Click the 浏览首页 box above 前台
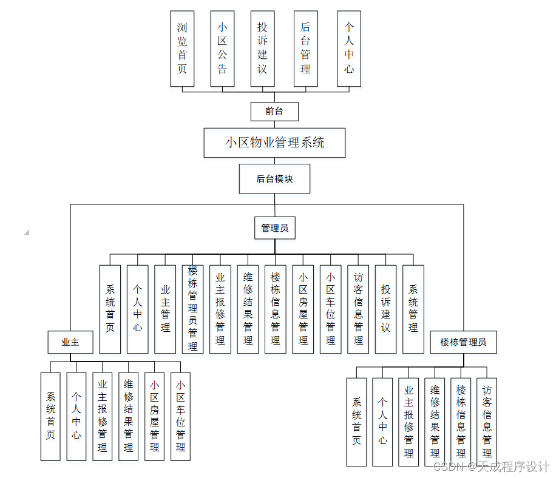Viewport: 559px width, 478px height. tap(182, 49)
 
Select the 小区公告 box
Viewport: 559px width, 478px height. tap(222, 49)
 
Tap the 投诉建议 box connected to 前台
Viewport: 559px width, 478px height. tap(262, 49)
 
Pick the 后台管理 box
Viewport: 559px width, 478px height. tap(305, 49)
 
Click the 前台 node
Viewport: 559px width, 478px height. tap(274, 111)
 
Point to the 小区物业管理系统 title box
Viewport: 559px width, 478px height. tap(274, 143)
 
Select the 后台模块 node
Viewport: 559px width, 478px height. tap(274, 179)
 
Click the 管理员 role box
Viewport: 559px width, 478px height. tap(274, 228)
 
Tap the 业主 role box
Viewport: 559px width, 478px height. tap(70, 342)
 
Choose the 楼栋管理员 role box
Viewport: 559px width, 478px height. tap(463, 342)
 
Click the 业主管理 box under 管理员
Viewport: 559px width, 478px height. tap(165, 309)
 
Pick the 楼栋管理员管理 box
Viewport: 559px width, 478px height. tap(192, 309)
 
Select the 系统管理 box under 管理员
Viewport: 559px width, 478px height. tap(413, 309)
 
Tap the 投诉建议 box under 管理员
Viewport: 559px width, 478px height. tap(386, 309)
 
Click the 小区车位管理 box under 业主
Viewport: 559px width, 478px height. tap(180, 416)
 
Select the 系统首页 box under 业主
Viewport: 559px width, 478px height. tap(50, 416)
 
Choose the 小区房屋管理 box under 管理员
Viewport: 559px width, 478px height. tap(303, 309)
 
